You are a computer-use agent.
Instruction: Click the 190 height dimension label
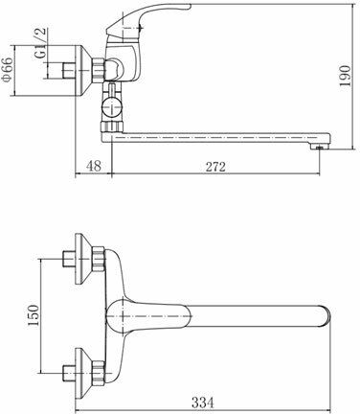coord(345,76)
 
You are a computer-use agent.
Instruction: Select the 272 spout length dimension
coord(215,167)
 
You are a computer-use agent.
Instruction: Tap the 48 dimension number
coord(94,166)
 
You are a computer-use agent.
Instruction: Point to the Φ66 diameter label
coord(7,69)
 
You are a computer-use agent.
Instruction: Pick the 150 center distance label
coord(34,315)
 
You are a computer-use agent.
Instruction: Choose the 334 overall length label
coord(203,402)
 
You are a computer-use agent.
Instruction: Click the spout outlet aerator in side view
coord(319,147)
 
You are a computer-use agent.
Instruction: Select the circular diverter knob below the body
coord(112,106)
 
